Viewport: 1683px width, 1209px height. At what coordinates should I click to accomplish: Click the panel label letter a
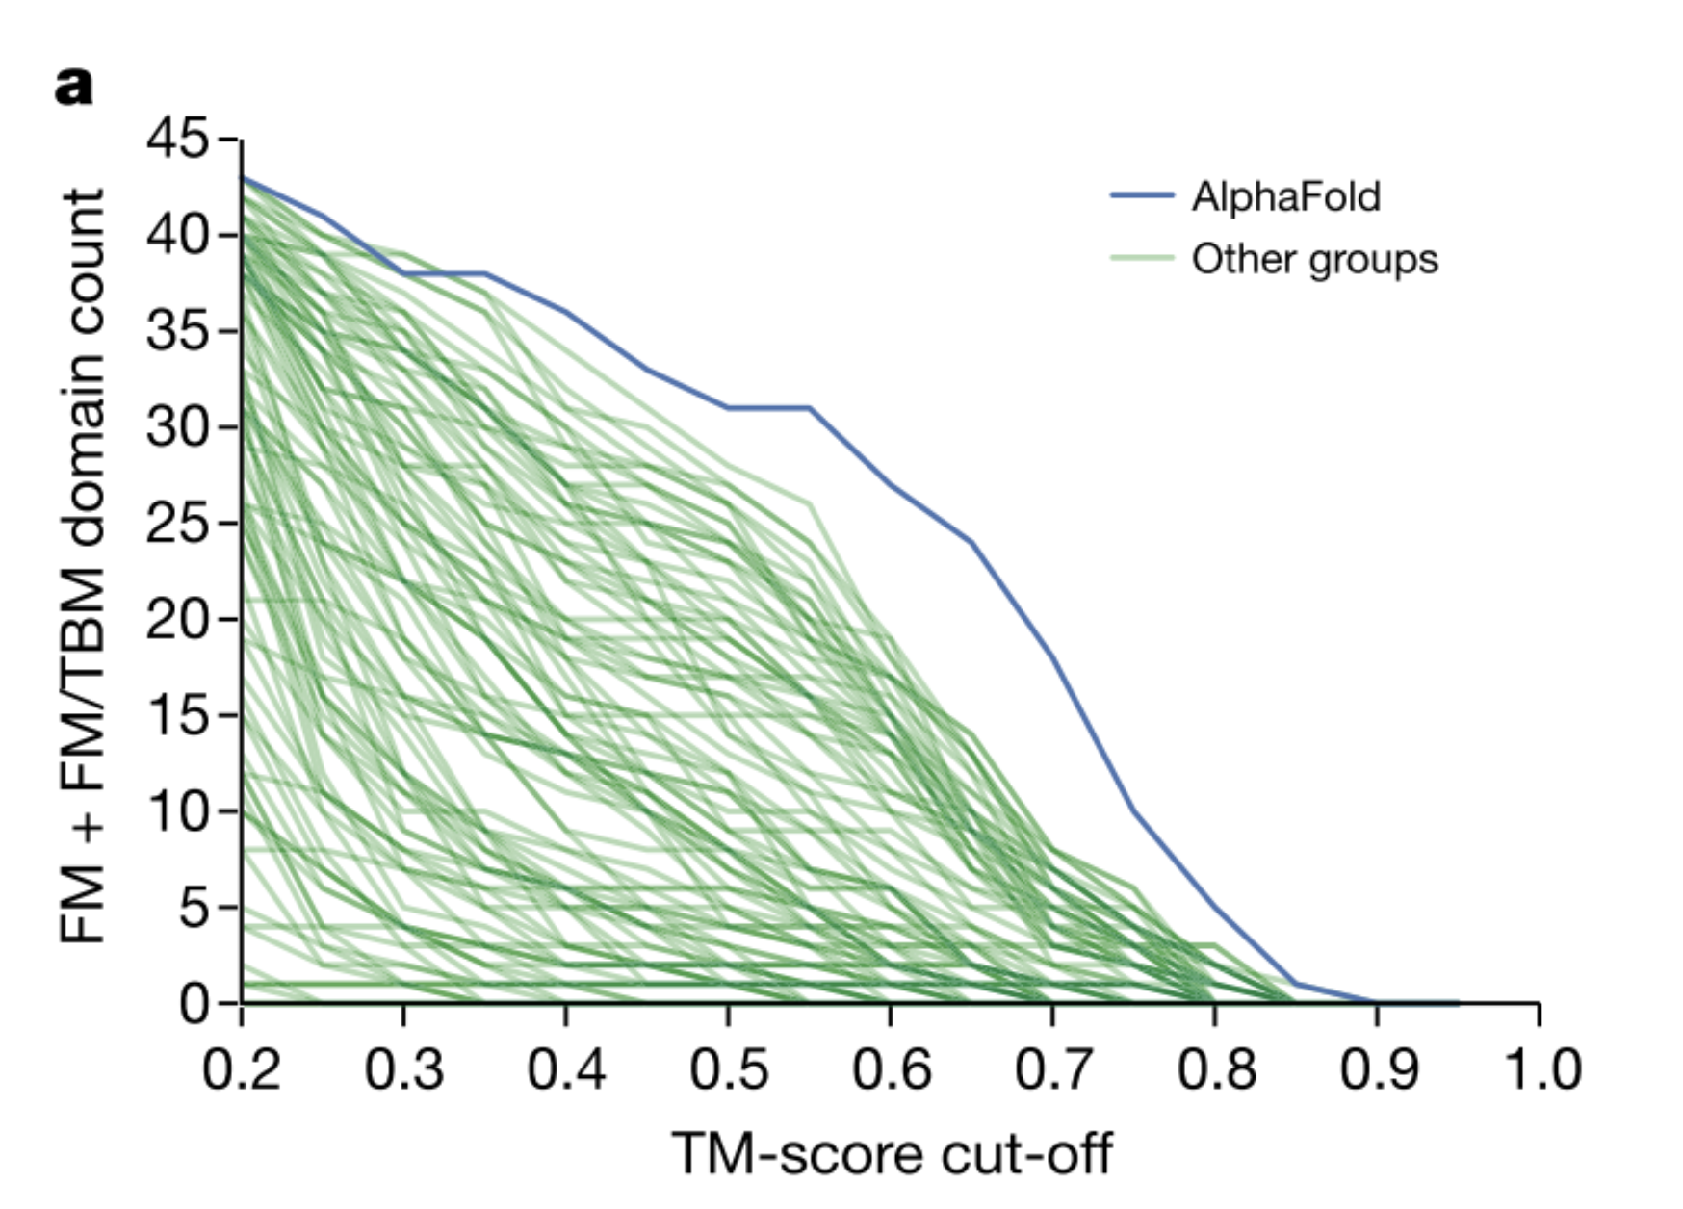coord(74,87)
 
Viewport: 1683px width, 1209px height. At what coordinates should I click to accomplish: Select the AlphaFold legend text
coord(1285,196)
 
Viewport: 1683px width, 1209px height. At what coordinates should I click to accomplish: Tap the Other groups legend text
coord(1314,259)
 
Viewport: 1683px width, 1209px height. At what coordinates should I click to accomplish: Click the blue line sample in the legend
coord(1142,195)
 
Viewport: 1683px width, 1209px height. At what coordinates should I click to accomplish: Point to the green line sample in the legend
coord(1142,258)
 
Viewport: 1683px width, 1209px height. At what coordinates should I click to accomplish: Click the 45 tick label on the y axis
coord(176,140)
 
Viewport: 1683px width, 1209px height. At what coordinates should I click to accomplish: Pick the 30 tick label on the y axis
coord(176,426)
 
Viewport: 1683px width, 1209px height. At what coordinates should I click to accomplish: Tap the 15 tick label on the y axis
coord(176,715)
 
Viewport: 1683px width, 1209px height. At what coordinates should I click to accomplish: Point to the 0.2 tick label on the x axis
coord(242,1069)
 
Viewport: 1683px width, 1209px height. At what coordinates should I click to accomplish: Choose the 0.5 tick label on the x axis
coord(729,1069)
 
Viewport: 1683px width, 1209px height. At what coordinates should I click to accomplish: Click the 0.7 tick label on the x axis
coord(1053,1069)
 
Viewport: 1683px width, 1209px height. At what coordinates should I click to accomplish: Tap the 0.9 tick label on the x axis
coord(1378,1069)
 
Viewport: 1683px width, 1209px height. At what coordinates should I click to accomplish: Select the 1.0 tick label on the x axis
coord(1541,1069)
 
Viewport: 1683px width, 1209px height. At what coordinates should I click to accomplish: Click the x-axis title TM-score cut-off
coord(892,1153)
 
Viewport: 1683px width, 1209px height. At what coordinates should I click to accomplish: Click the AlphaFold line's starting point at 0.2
coord(243,178)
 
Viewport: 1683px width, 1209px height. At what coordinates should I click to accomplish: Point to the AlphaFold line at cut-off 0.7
coord(1053,659)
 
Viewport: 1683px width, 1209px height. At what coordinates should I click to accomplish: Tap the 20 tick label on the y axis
coord(176,619)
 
